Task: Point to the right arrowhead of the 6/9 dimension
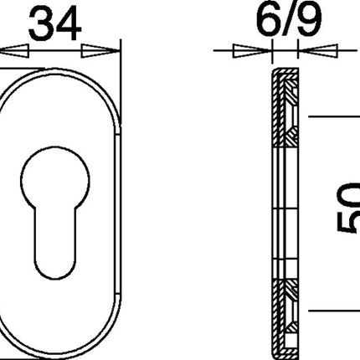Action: click(x=311, y=51)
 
